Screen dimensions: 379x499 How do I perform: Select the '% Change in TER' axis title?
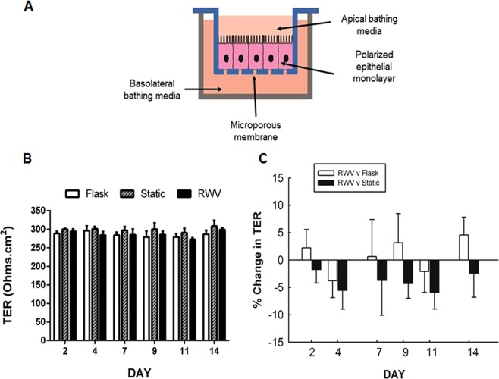tap(262, 257)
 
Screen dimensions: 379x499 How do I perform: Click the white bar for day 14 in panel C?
tap(464, 247)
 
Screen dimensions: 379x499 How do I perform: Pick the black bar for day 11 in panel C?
tap(435, 276)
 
